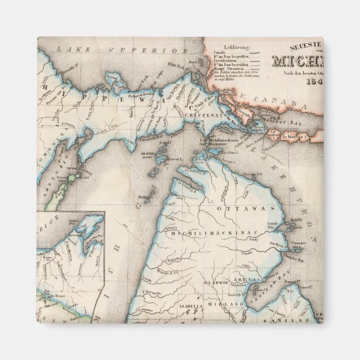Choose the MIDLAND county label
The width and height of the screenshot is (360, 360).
click(221, 305)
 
